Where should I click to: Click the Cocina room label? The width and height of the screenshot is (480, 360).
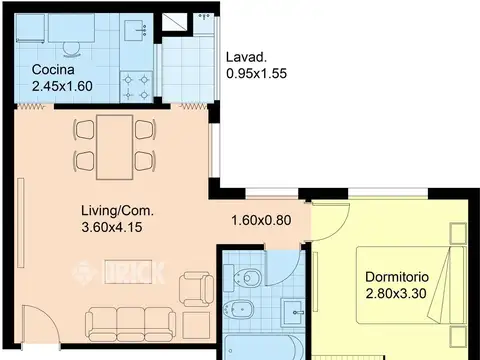tap(53, 70)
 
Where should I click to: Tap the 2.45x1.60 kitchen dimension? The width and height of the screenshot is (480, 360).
tap(62, 86)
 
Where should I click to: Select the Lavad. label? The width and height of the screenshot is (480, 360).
tap(247, 57)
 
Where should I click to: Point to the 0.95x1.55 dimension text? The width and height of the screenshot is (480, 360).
tap(256, 74)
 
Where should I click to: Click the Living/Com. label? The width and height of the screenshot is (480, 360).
tap(118, 211)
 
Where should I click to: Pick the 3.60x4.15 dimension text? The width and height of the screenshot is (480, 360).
tap(112, 227)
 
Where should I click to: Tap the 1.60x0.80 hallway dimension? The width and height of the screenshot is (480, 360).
tap(261, 220)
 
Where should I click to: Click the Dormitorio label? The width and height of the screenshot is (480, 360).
tap(397, 277)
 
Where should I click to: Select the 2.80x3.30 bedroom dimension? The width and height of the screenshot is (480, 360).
tap(396, 294)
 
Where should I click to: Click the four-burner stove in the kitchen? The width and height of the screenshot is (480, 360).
tap(136, 87)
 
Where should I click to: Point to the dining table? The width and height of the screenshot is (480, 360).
tap(115, 147)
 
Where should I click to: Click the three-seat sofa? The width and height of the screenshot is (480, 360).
tap(131, 324)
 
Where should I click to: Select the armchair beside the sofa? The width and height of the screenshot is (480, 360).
tap(197, 289)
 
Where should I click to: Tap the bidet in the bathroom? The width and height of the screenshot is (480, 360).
tap(239, 309)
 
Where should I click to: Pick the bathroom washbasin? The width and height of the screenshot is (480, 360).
tap(293, 312)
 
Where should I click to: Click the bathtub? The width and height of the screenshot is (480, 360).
tap(263, 347)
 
